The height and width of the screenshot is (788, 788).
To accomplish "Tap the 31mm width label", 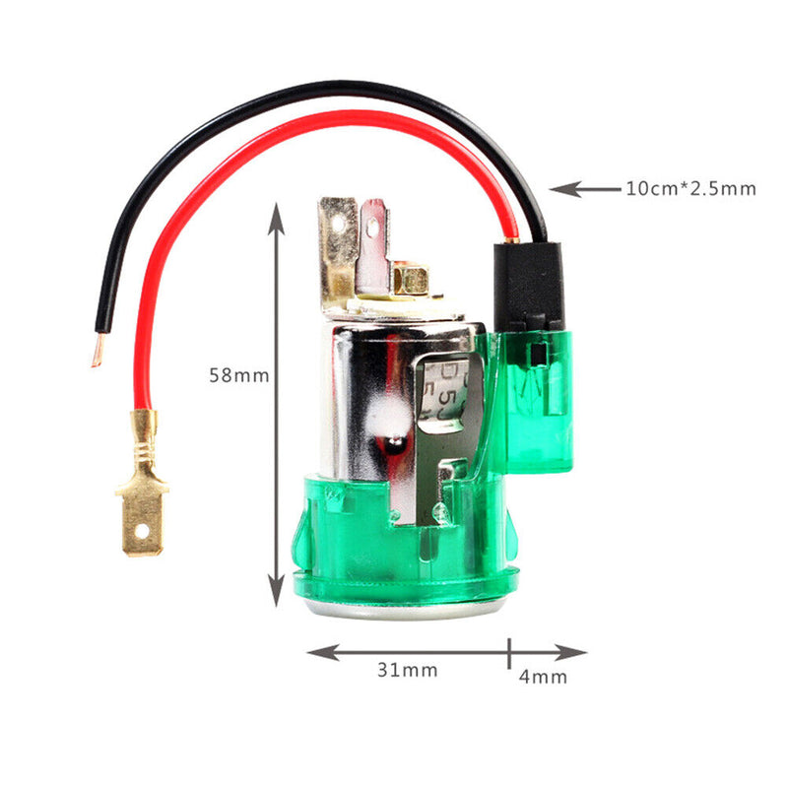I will point(407,671).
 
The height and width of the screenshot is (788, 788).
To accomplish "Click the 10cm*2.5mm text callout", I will point(690,188).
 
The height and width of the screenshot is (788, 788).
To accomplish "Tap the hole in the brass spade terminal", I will point(145,537).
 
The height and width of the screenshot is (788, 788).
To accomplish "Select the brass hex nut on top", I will point(409,278).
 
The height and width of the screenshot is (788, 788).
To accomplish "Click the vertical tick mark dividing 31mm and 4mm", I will point(509,651).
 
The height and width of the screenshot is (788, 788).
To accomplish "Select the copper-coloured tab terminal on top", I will point(372,246).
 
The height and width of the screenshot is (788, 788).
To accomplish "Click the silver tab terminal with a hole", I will point(338,241).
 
